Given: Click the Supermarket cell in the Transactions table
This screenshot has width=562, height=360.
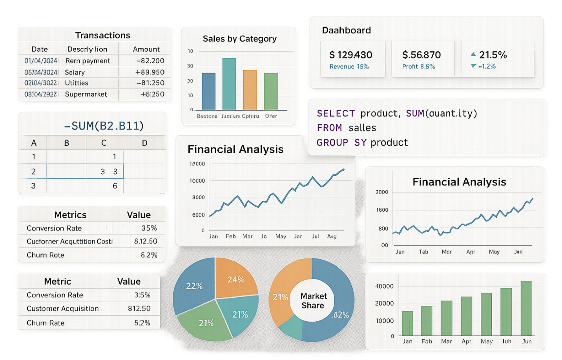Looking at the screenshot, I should pos(86,94).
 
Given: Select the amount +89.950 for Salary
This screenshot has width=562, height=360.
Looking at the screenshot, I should pos(150,72).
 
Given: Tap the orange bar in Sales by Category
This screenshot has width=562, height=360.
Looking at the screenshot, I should pos(250,90).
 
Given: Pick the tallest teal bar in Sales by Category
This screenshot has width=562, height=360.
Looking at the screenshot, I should pos(229,84).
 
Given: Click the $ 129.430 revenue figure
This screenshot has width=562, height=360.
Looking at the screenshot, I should pos(351,55).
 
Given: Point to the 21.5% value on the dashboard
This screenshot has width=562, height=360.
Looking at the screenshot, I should pos(493,55).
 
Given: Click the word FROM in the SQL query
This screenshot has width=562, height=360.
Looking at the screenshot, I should pos(329,128).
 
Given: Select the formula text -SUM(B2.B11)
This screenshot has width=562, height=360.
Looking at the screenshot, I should pos(104,126).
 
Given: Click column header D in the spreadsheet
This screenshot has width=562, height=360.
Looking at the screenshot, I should pos(144,143).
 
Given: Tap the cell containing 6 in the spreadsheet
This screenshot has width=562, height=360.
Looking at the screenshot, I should pos(115,186).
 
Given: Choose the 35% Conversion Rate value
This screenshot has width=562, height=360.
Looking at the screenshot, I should pos(149,228).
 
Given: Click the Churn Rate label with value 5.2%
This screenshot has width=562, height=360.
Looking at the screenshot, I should pos(46,323).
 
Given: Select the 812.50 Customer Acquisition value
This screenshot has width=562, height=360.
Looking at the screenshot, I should pos(139,309).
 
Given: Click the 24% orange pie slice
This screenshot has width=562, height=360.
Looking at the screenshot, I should pos(235,280).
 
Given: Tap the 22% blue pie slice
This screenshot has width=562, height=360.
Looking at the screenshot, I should pos(194,286).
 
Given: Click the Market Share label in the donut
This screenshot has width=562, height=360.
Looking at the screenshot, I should pos(313,301).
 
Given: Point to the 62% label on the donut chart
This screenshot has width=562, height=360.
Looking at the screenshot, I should pos(340,315).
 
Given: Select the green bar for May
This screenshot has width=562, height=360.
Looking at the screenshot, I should pos(486,314).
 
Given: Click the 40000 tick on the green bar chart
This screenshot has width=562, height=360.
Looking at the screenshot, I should pos(384,286).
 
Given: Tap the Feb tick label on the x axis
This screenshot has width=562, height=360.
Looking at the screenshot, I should pos(231,236).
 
